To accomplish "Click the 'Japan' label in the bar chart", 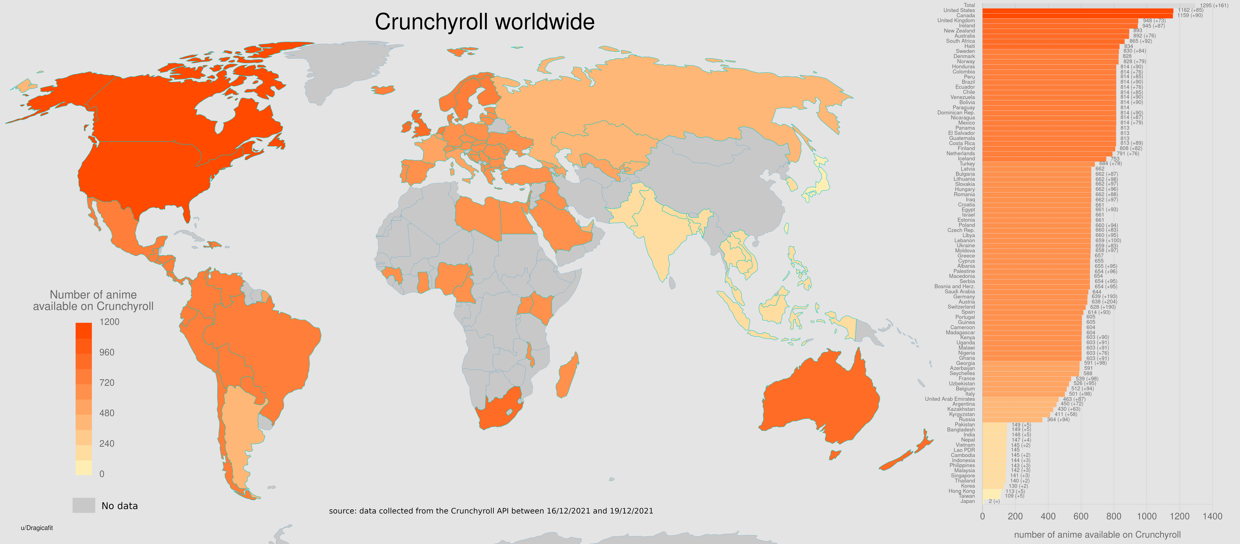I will pos(968,501).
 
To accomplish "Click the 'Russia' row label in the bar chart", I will pos(967,419).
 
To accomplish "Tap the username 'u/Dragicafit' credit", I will pos(37,528).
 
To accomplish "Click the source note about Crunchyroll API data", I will pos(491,511).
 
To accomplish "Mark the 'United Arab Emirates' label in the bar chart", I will pos(950,399).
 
